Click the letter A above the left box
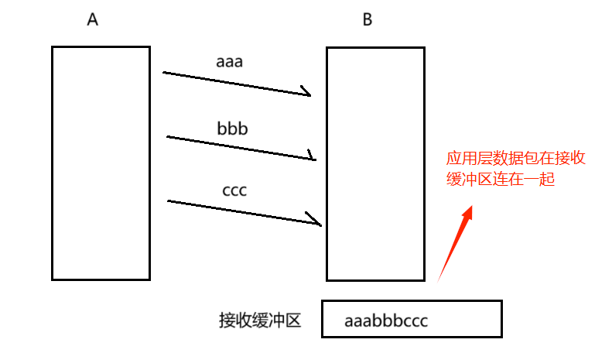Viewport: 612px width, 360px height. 93,20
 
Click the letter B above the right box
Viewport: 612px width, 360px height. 368,20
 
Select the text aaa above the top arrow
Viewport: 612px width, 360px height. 229,61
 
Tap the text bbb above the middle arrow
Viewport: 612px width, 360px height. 232,128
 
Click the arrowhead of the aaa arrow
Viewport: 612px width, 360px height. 307,94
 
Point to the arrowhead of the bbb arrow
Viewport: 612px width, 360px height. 313,157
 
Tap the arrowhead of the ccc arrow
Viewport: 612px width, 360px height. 317,223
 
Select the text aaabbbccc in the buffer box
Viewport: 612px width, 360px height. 386,321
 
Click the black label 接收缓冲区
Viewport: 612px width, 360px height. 259,321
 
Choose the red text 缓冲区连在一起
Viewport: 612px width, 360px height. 501,180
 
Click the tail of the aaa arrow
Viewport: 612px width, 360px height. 165,73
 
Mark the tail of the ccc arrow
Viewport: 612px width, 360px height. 169,201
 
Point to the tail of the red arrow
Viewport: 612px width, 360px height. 439,279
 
